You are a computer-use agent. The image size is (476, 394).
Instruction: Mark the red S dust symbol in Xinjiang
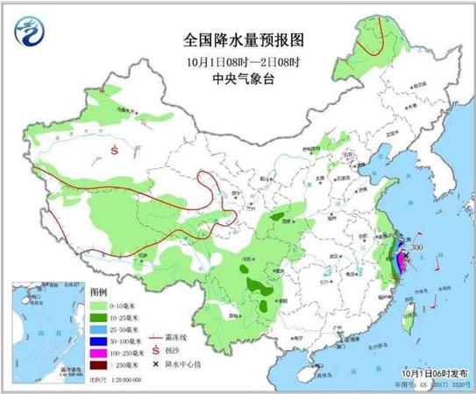click(x=114, y=149)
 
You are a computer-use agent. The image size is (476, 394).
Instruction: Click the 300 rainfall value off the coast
click(x=416, y=248)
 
